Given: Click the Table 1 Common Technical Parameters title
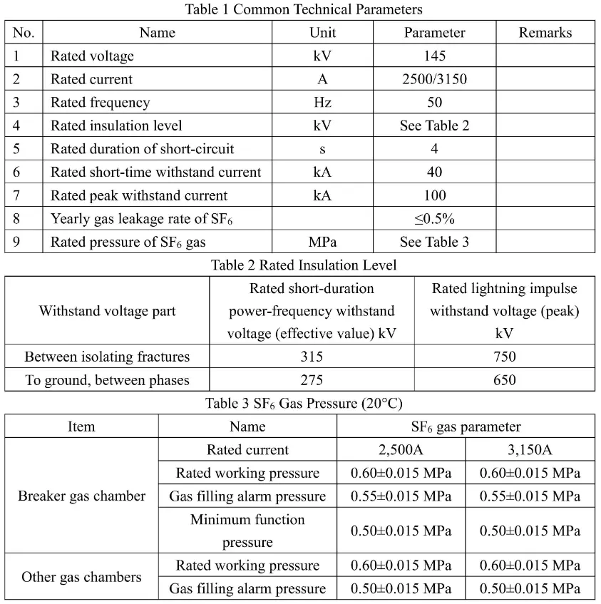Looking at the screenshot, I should point(303,9).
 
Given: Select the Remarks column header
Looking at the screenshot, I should point(545,32).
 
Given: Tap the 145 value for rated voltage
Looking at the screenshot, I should point(434,56).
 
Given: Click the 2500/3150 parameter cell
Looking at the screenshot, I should point(434,79).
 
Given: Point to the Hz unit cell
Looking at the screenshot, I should point(322,102).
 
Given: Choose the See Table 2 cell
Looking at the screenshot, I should point(434,126).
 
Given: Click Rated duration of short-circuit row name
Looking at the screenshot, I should point(143,148).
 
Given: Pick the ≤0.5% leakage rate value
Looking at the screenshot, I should point(434,218).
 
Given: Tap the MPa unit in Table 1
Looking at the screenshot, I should point(322,242).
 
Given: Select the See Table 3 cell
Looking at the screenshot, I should point(434,242).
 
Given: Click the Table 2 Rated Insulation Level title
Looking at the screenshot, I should point(303,265).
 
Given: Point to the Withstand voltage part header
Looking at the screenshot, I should point(107,311).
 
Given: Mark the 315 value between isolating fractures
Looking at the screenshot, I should point(312,357).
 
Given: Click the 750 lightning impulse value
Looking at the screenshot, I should point(504,357).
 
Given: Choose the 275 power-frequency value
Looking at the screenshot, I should point(312,379).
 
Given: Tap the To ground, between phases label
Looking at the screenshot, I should point(107,379).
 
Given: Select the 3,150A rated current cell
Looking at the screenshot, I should point(530,449).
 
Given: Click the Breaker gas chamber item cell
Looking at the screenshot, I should point(81,496).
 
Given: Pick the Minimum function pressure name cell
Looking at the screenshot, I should point(247,531).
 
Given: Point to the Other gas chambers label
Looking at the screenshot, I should point(81,577).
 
